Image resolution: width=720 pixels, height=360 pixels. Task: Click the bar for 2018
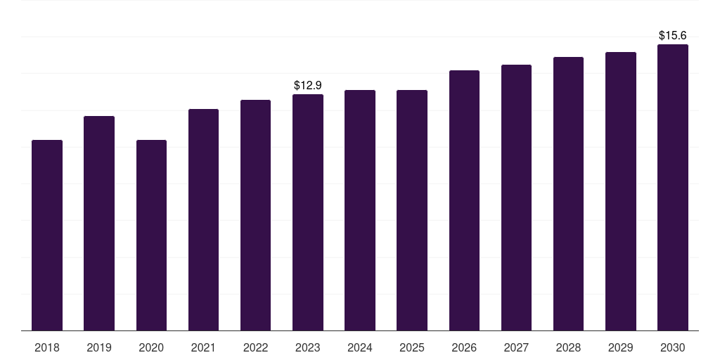(47, 236)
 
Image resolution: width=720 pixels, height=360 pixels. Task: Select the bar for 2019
(99, 224)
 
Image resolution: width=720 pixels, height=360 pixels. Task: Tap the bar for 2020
(151, 236)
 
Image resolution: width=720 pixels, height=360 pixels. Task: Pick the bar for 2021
(203, 220)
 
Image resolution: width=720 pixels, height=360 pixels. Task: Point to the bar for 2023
(308, 212)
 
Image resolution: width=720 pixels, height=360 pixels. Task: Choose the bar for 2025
(412, 210)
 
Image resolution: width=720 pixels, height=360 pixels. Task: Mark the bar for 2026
(464, 200)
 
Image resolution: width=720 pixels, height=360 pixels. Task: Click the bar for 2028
(568, 194)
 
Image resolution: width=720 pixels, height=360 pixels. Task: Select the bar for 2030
(673, 188)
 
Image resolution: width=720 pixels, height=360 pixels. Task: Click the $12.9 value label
(308, 86)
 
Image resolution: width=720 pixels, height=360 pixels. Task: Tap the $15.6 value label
(673, 36)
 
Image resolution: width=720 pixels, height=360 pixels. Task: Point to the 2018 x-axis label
(47, 347)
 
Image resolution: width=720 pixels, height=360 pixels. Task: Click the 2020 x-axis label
(151, 347)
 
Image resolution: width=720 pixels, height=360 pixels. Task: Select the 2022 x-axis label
(256, 347)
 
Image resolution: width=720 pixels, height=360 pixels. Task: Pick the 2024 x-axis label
(360, 347)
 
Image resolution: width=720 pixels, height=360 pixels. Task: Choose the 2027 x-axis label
(516, 347)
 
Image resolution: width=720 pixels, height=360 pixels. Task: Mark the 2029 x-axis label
(621, 347)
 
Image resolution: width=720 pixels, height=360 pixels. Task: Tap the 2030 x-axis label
(673, 347)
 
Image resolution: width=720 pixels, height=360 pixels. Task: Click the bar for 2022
(256, 215)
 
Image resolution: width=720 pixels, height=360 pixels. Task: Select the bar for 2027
(516, 198)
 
